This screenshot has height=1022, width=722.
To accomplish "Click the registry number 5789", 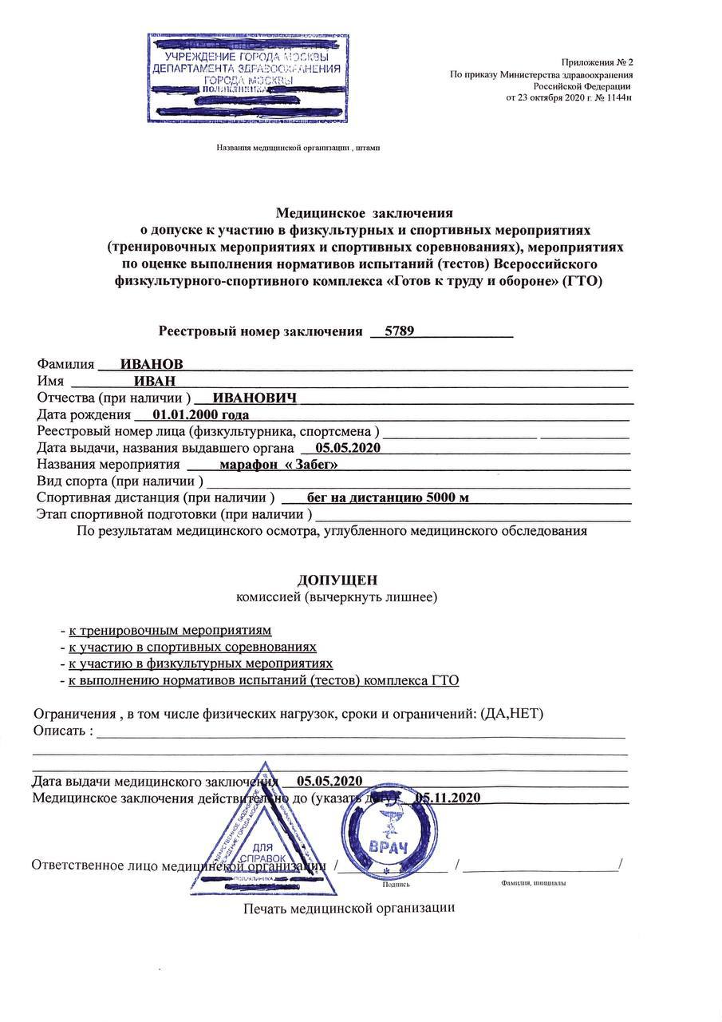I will (x=399, y=331).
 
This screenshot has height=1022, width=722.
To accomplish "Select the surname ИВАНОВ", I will (x=152, y=364).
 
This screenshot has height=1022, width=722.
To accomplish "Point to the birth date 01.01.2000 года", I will (x=200, y=414).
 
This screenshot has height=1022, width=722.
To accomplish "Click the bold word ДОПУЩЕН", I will (x=337, y=580).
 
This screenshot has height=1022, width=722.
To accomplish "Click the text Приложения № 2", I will (x=598, y=61).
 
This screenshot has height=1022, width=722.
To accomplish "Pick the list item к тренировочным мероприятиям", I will (x=170, y=630).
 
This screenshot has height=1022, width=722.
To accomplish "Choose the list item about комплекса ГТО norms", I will (x=263, y=680).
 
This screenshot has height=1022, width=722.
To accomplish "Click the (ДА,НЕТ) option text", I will (x=512, y=713).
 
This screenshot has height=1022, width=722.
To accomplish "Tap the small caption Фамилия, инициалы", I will (x=534, y=884).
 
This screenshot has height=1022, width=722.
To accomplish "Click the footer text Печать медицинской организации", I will (x=349, y=908).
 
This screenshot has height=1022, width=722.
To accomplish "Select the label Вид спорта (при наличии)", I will (x=119, y=481).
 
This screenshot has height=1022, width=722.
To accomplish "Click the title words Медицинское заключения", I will (x=364, y=213).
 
